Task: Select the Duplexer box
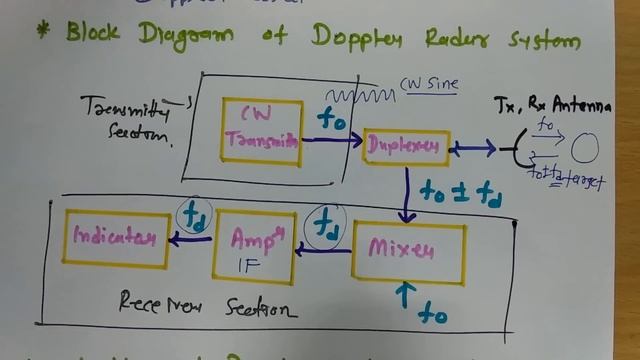coord(406,147)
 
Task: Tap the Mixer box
coord(408,249)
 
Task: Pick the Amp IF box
coord(253,246)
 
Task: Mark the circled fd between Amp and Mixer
coord(325,223)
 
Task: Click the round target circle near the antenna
coord(584,148)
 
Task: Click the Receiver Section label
coord(207,303)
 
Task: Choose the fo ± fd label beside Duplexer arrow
coord(460,191)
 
